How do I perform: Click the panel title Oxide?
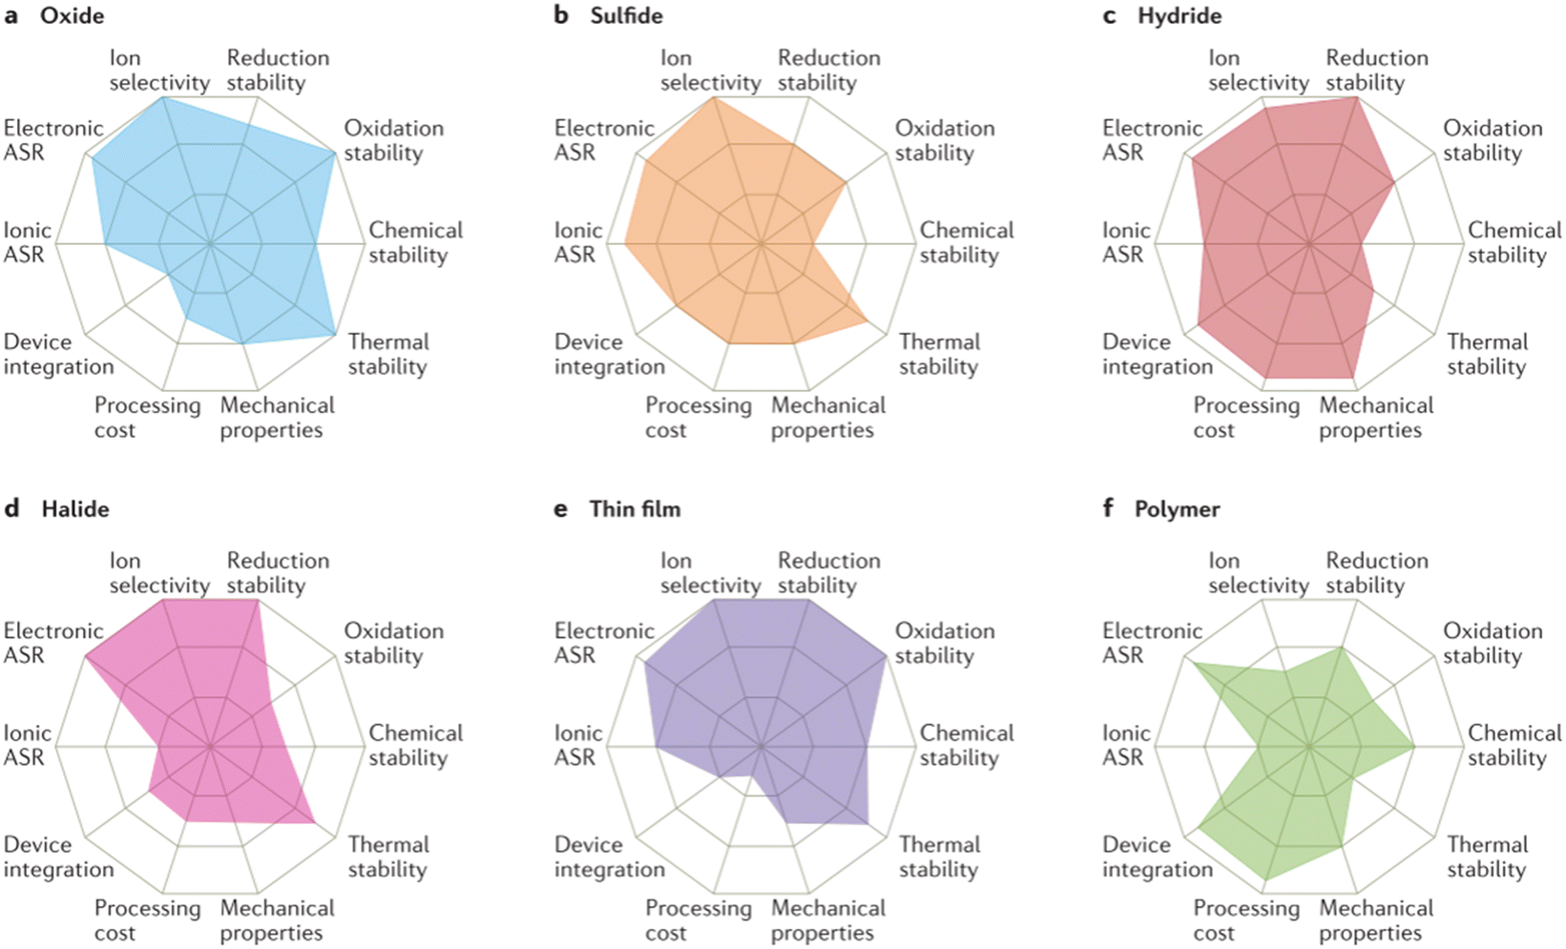pyautogui.click(x=72, y=16)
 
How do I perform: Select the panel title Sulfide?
pyautogui.click(x=626, y=16)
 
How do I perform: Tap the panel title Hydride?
pyautogui.click(x=1180, y=16)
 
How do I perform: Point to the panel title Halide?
pyautogui.click(x=75, y=508)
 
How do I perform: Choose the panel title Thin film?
pyautogui.click(x=635, y=508)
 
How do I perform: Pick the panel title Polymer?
pyautogui.click(x=1177, y=508)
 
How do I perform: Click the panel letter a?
pyautogui.click(x=11, y=16)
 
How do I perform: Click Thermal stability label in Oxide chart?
pyautogui.click(x=388, y=354)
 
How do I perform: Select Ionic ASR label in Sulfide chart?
pyautogui.click(x=577, y=242)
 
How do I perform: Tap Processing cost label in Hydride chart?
pyautogui.click(x=1246, y=418)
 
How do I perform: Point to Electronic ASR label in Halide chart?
pyautogui.click(x=53, y=643)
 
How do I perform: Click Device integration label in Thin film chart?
pyautogui.click(x=609, y=856)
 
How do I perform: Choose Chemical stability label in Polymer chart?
pyautogui.click(x=1514, y=745)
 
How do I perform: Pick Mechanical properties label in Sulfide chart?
pyautogui.click(x=828, y=418)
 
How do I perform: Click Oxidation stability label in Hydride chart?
pyautogui.click(x=1493, y=140)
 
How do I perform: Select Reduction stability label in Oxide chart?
pyautogui.click(x=278, y=71)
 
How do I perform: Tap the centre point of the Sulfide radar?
pyautogui.click(x=762, y=244)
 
